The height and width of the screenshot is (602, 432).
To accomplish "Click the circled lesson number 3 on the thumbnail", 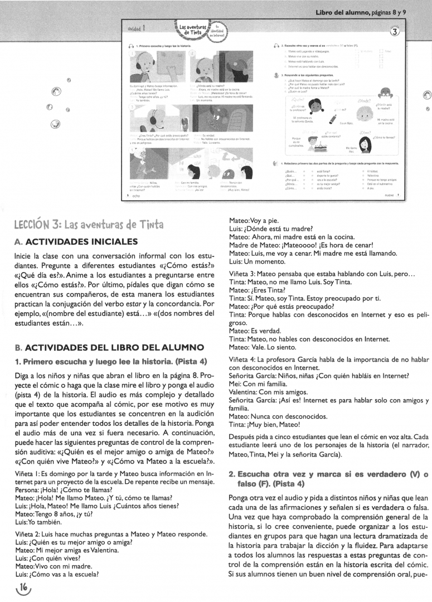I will click(395, 32).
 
